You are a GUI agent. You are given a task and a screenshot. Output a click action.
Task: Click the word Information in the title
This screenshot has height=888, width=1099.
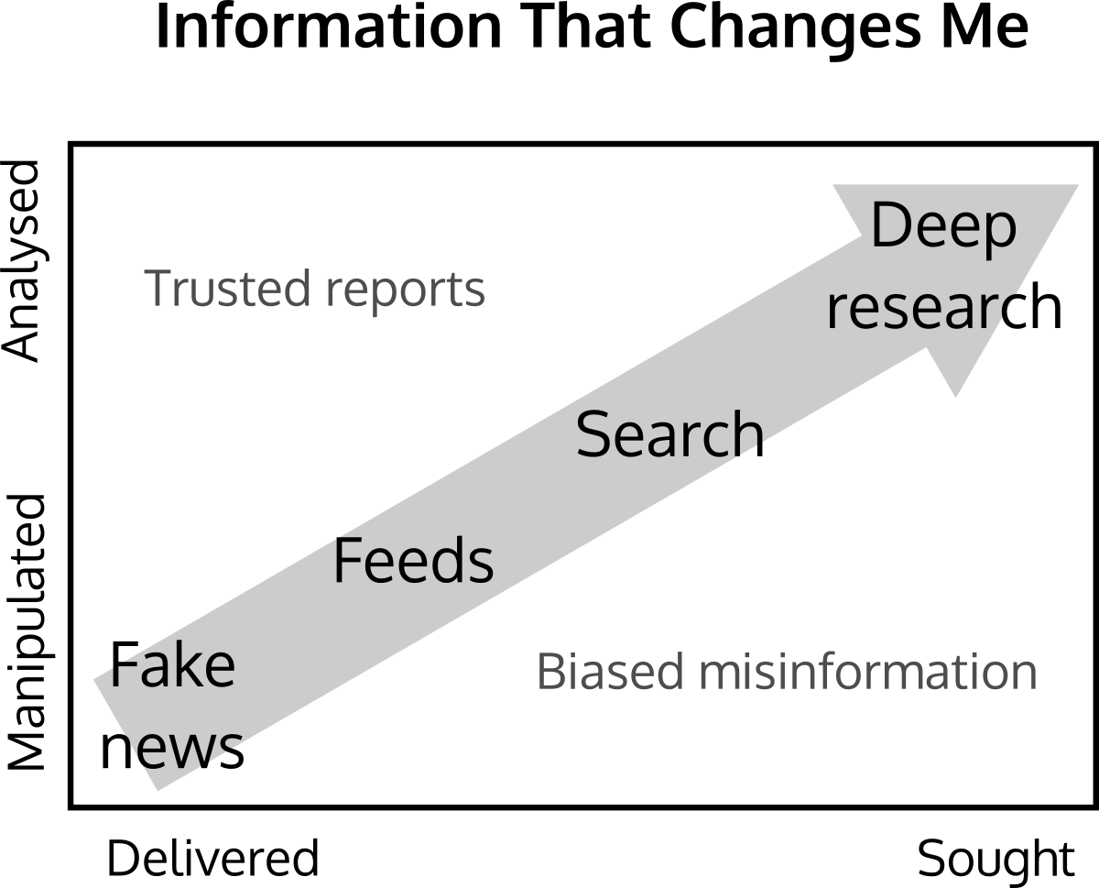329,27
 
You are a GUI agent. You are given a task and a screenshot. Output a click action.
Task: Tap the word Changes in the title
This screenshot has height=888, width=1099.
796,31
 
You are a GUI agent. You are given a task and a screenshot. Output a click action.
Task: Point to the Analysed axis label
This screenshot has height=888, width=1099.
22,262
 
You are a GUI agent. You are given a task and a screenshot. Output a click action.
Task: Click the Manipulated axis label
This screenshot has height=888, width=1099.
26,633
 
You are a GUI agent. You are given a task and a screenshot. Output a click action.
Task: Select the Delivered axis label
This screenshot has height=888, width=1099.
212,858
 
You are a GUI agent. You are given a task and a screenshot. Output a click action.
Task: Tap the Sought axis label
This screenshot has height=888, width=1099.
996,861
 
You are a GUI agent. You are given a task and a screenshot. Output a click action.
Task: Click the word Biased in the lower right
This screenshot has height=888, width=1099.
610,672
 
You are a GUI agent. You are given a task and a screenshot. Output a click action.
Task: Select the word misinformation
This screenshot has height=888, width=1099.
868,672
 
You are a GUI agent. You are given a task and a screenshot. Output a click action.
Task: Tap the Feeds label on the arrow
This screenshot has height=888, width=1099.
413,561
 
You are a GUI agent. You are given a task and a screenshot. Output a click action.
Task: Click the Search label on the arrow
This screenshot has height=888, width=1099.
669,434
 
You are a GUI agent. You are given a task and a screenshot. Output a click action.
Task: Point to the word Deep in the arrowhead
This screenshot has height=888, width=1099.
943,230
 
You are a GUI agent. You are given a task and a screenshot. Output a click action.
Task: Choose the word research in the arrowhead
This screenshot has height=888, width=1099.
944,307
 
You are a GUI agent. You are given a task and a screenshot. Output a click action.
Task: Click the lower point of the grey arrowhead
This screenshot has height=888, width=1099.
955,396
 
